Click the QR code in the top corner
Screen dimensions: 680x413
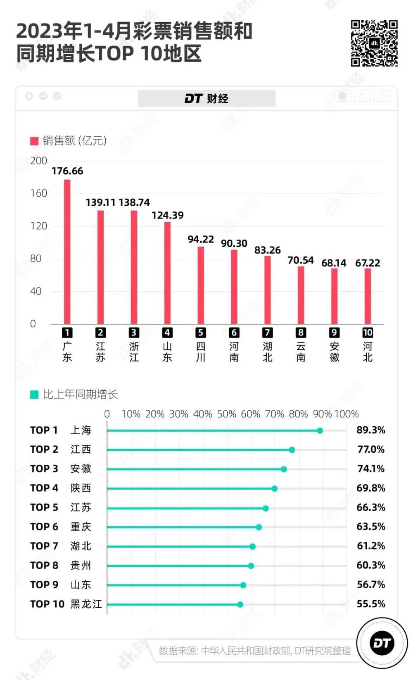pyautogui.click(x=374, y=43)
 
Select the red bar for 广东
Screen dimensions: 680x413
pyautogui.click(x=67, y=252)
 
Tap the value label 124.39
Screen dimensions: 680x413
pyautogui.click(x=167, y=215)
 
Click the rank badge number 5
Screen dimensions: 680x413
pyautogui.click(x=200, y=333)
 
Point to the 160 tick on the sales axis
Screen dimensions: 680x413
pyautogui.click(x=39, y=193)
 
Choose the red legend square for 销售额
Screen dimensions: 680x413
pyautogui.click(x=34, y=141)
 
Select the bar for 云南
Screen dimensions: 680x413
pyautogui.click(x=301, y=295)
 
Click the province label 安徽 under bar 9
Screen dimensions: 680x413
pyautogui.click(x=334, y=352)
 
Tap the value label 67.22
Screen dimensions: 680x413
pyautogui.click(x=368, y=263)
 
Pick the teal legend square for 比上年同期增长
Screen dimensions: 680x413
pyautogui.click(x=34, y=395)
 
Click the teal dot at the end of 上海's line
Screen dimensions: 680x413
pyautogui.click(x=320, y=430)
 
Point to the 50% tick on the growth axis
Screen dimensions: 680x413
pyautogui.click(x=226, y=414)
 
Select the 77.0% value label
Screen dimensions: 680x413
pyautogui.click(x=371, y=449)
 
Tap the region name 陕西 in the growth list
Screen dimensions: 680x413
pyautogui.click(x=81, y=488)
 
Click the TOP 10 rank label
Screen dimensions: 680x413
pyautogui.click(x=47, y=604)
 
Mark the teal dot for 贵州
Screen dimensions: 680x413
pyautogui.click(x=251, y=566)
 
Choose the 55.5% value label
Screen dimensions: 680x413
pyautogui.click(x=371, y=604)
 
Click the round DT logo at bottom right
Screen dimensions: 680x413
pyautogui.click(x=382, y=643)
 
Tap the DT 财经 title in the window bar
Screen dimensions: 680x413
pyautogui.click(x=206, y=99)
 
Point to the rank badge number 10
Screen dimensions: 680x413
pyautogui.click(x=368, y=333)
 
